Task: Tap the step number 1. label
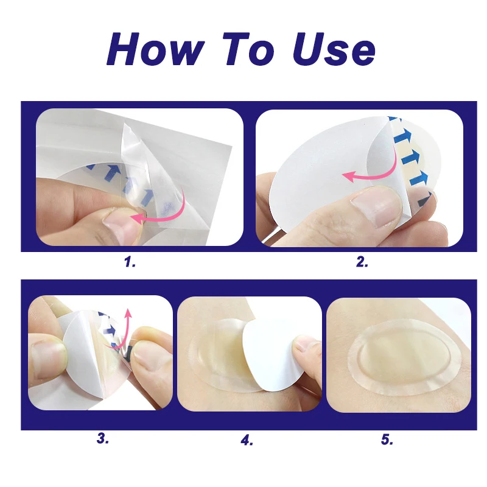tap(129, 262)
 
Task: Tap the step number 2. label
tap(362, 262)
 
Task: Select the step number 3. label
tap(103, 438)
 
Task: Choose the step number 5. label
tap(388, 439)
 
